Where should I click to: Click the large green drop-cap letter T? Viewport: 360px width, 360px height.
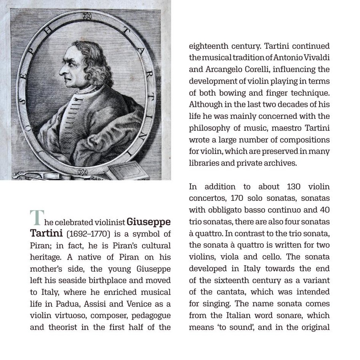click(x=36, y=218)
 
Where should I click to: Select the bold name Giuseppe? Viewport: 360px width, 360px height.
click(x=148, y=222)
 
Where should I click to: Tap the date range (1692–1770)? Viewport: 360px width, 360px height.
click(x=88, y=234)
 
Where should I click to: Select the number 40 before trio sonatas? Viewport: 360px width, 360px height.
click(x=324, y=210)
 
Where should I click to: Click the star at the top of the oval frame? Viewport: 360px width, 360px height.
click(x=86, y=16)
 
